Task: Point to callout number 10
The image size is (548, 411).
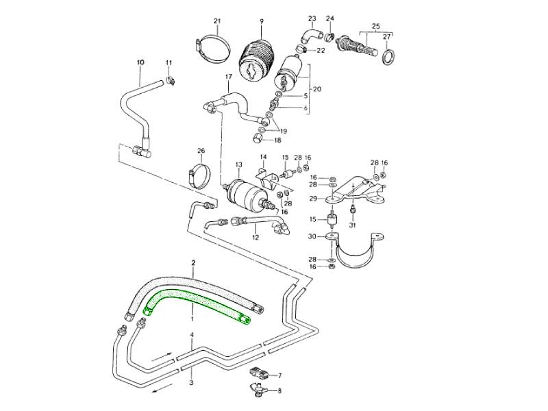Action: (140, 62)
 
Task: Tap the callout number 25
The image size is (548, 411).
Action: (375, 26)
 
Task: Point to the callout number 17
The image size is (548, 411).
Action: (228, 78)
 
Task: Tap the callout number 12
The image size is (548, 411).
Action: (256, 238)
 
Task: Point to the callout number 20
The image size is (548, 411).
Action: (316, 90)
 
